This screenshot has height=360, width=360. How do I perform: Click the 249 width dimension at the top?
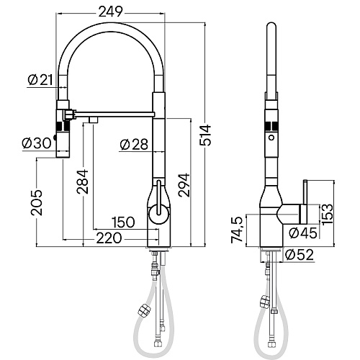tap(111, 12)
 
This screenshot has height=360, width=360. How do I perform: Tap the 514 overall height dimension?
tap(205, 135)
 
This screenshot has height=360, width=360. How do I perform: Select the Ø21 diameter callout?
tap(40, 80)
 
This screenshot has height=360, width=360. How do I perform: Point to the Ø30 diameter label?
tap(37, 143)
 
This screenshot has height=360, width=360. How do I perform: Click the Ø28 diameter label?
tap(134, 145)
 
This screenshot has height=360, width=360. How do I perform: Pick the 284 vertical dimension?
tap(82, 181)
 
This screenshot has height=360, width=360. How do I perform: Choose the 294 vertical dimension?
tap(184, 185)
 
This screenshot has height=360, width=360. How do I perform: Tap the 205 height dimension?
tap(37, 202)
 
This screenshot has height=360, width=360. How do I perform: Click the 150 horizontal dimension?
tap(122, 222)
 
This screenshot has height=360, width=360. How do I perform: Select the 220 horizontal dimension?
tap(109, 238)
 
